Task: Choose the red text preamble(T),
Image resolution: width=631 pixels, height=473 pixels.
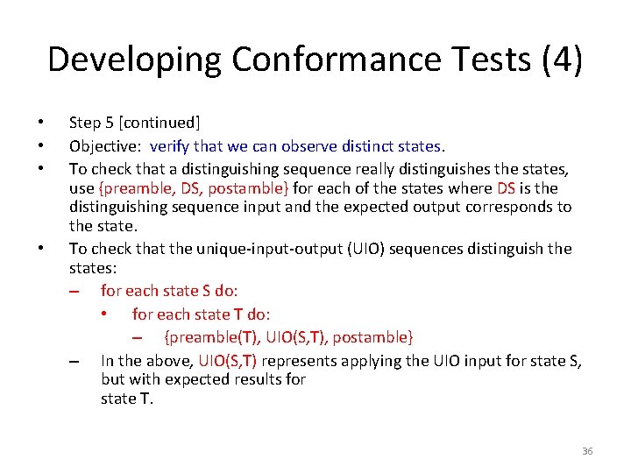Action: click(208, 337)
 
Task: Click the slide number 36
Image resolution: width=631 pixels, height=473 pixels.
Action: click(587, 451)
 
